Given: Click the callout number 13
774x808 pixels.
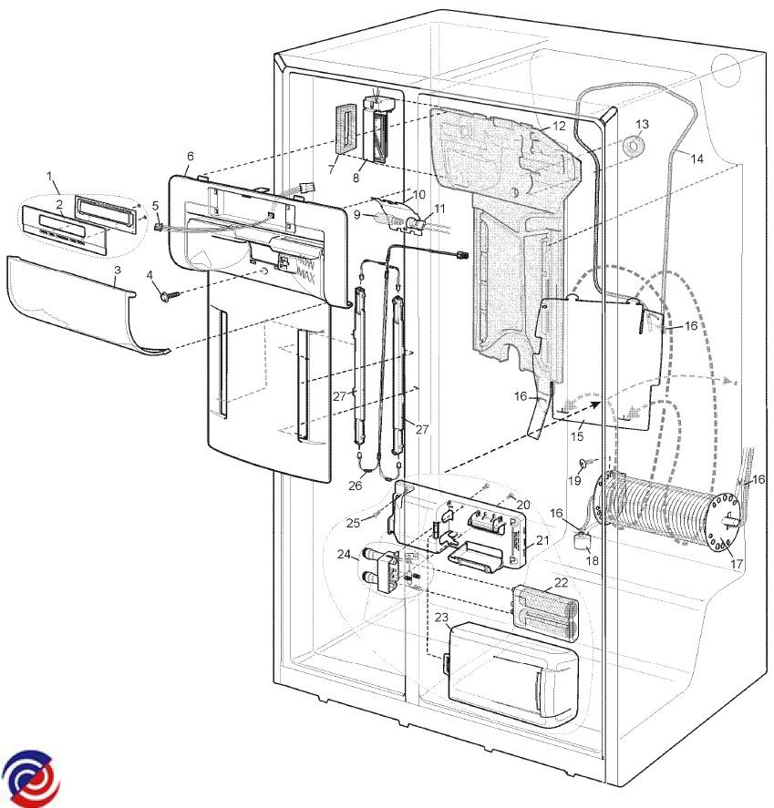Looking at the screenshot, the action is click(x=642, y=124).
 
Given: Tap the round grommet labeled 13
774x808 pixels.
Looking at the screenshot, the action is click(x=633, y=147).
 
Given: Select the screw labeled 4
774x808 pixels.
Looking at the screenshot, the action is click(x=170, y=296).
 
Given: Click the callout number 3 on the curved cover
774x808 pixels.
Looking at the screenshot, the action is click(x=118, y=270).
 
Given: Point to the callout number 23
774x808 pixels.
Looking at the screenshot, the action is click(x=441, y=618).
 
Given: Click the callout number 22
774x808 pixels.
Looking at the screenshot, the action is click(x=561, y=582).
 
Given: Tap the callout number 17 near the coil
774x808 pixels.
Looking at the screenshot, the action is click(x=737, y=564).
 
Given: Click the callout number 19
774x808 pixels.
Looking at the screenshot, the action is click(x=574, y=480).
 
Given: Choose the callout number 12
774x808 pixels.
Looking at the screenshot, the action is click(x=559, y=126).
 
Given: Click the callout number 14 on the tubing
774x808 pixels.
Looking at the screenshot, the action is click(x=697, y=159).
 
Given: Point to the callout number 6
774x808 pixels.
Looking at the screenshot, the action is click(x=191, y=156).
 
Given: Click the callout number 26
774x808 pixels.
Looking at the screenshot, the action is click(x=356, y=486).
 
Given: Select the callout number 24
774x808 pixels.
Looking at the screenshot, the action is click(x=344, y=555).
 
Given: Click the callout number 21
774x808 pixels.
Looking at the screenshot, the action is click(x=542, y=540).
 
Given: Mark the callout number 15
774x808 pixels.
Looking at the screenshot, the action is click(x=577, y=436).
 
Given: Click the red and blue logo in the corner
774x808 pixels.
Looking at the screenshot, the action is click(x=31, y=778).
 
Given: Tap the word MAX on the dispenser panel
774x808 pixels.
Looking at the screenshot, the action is click(x=304, y=278).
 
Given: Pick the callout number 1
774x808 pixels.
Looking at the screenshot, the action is click(x=49, y=176).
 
